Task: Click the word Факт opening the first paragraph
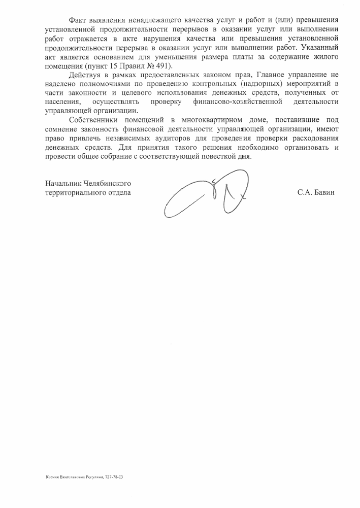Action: (x=77, y=19)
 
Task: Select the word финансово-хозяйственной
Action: (x=238, y=103)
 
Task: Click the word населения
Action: (x=61, y=103)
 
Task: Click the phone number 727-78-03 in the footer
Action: (x=115, y=478)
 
